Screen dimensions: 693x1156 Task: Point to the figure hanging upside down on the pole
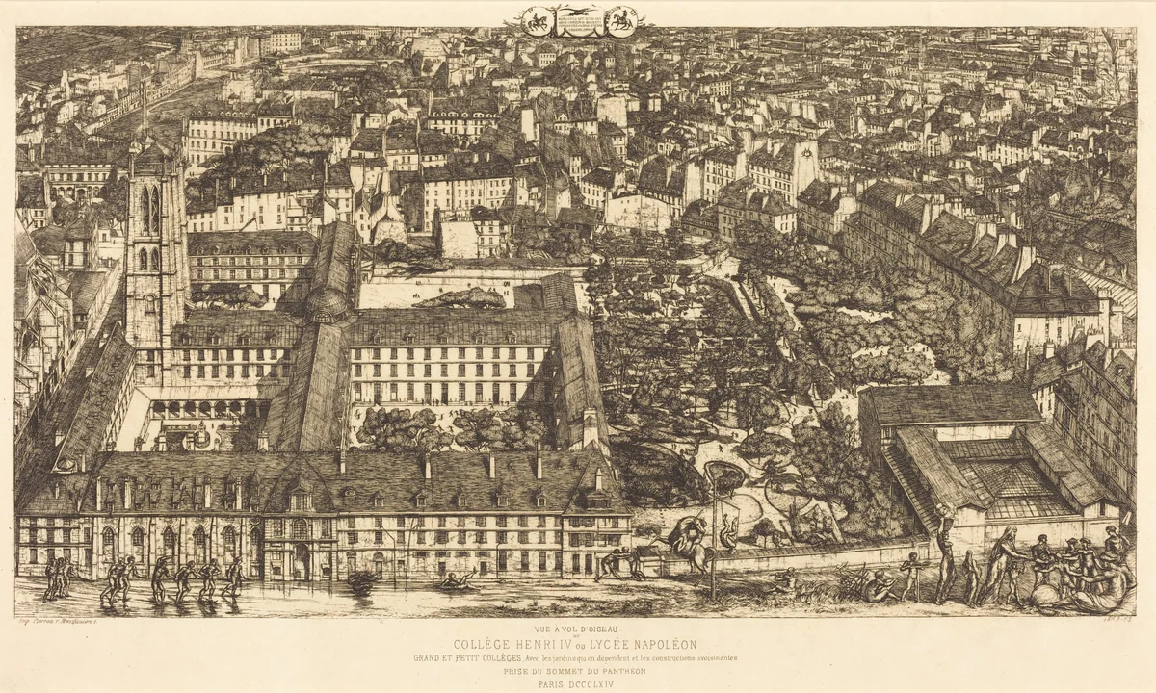point(729,530)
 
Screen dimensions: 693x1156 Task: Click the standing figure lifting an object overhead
point(946,558)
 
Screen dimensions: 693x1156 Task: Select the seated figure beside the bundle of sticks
point(877,584)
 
